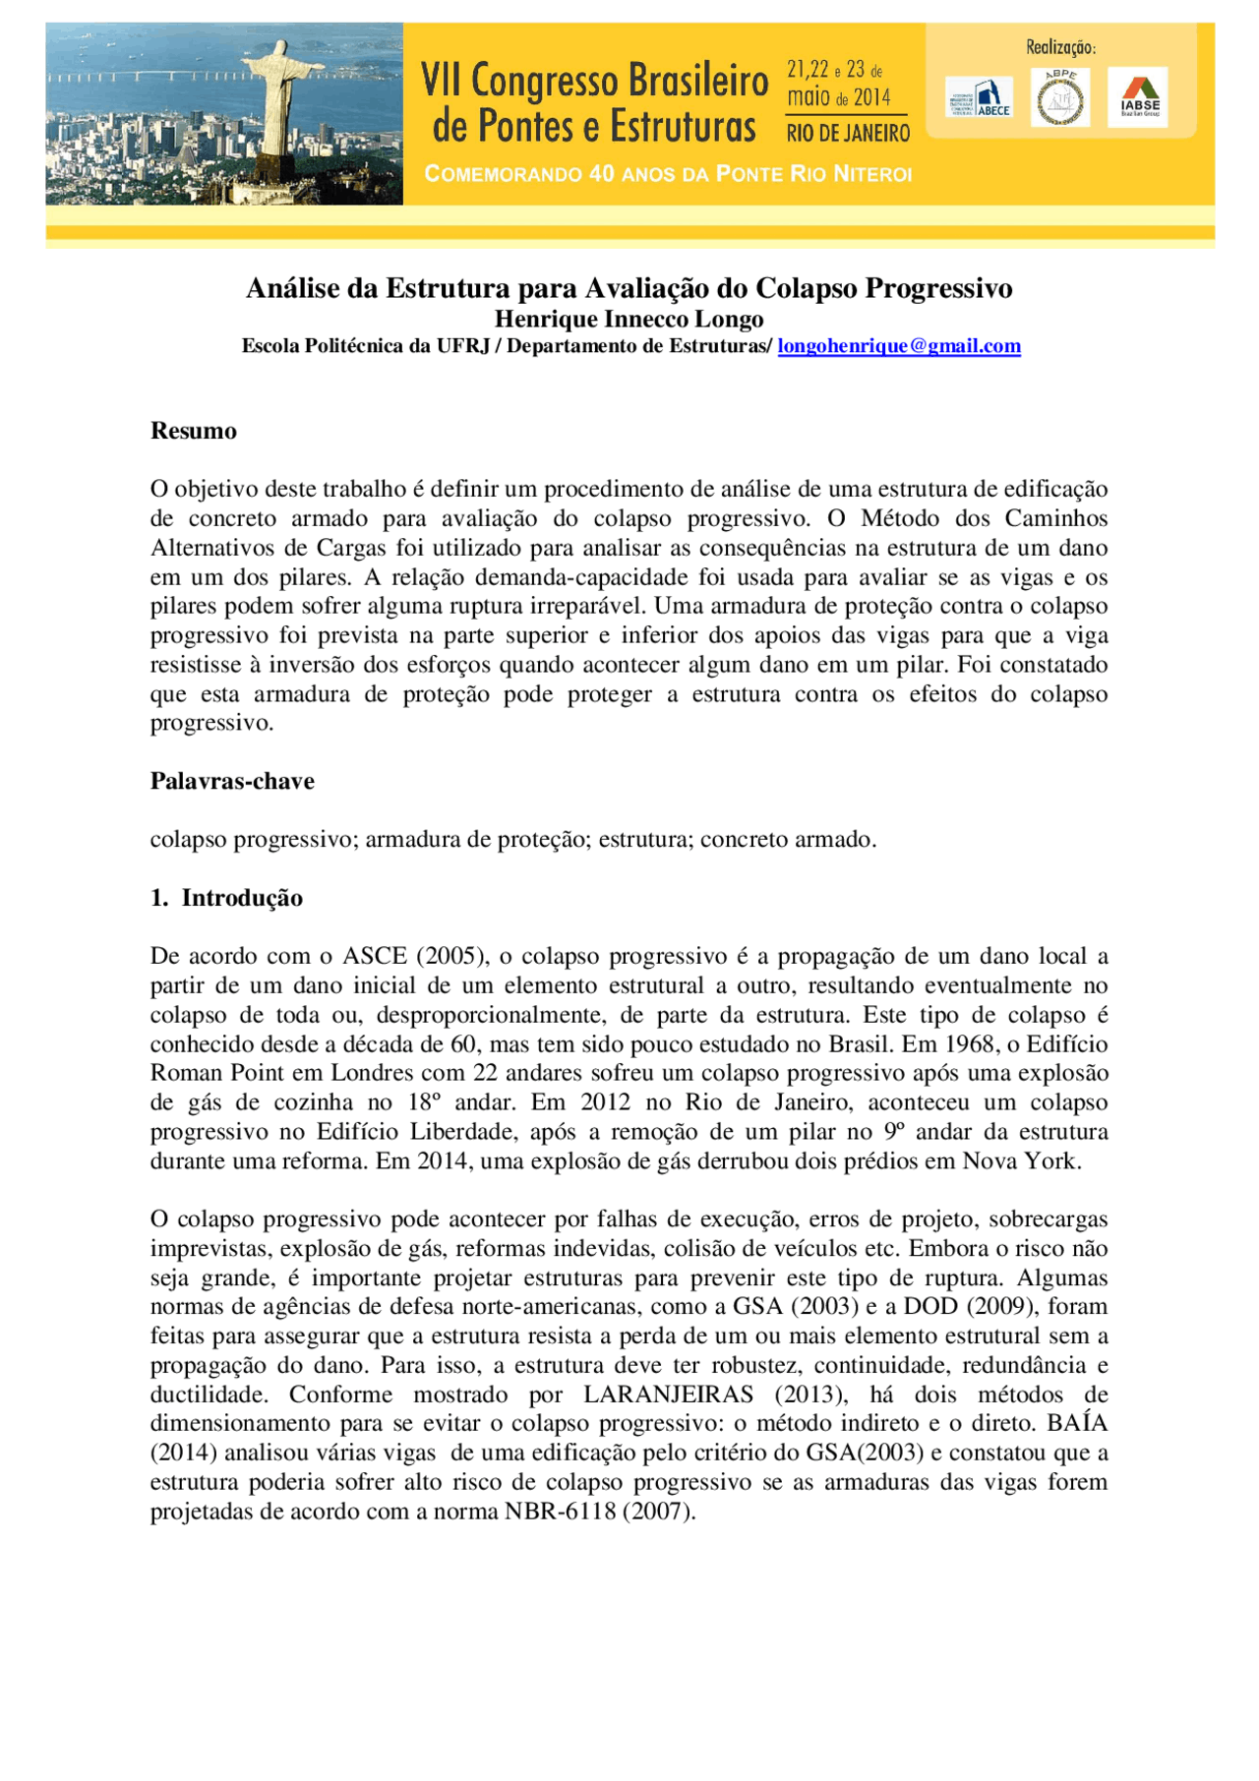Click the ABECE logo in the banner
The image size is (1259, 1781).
click(979, 98)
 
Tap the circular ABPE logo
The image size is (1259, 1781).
click(1060, 98)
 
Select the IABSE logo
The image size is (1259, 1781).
click(1139, 97)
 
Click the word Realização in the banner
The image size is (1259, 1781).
click(1059, 47)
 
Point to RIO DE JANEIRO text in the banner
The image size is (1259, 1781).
click(848, 133)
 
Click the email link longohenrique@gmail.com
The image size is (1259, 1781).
click(899, 346)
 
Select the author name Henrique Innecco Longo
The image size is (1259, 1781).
click(629, 319)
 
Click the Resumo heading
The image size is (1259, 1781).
click(193, 431)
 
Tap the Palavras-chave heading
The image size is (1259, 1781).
click(232, 781)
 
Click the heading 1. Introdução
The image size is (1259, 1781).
click(226, 898)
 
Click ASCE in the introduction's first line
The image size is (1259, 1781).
click(374, 956)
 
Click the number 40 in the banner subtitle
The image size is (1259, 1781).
click(602, 174)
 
